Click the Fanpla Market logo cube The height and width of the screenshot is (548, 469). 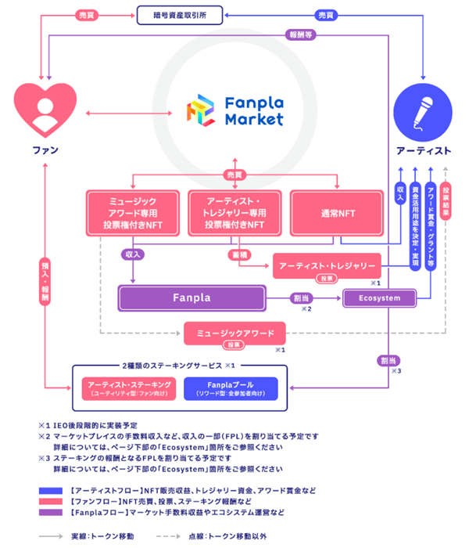tap(200, 112)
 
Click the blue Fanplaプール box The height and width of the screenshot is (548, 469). tap(229, 388)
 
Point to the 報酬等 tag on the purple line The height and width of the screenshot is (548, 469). tap(299, 34)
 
